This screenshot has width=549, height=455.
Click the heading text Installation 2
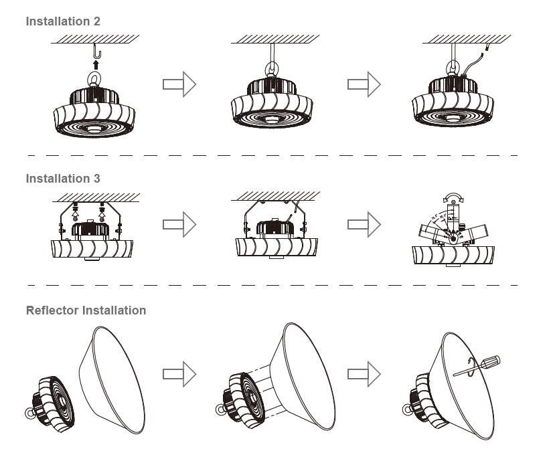click(63, 21)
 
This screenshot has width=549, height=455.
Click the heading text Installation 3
click(63, 179)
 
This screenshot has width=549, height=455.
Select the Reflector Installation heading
click(86, 310)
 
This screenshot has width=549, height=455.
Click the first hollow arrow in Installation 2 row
click(179, 84)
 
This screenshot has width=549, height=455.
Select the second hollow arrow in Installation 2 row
click(364, 84)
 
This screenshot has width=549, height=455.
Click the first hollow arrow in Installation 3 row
click(179, 224)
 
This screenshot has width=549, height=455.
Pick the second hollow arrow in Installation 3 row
click(364, 224)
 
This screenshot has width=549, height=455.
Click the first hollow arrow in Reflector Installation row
click(179, 374)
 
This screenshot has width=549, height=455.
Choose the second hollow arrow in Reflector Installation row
click(364, 374)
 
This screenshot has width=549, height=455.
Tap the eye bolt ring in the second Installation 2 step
click(274, 70)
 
